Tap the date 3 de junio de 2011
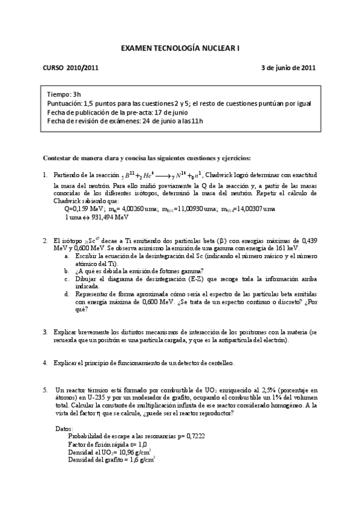point(288,68)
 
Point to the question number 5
point(45,390)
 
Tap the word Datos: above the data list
point(63,429)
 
